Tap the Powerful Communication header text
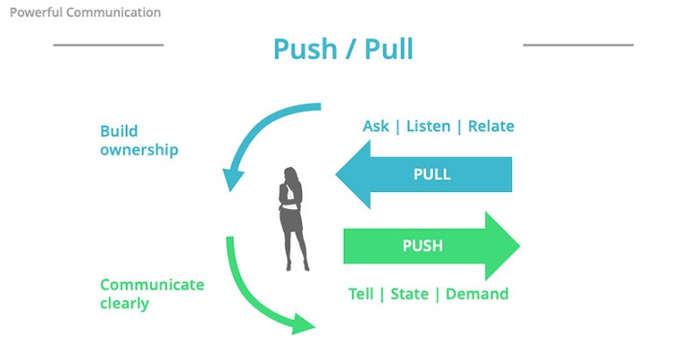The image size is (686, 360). point(85,13)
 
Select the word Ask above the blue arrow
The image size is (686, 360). point(375,126)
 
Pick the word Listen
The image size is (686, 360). point(428,126)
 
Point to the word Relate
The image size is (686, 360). point(491,126)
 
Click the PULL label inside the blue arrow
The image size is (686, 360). point(431,174)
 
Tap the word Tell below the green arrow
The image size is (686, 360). point(361,294)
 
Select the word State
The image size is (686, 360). point(409,294)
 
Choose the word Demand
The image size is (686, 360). point(477,294)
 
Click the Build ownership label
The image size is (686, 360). point(138,140)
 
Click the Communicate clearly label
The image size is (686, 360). point(152,294)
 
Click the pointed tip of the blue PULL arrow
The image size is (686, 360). point(338,174)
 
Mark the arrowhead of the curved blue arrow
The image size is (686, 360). point(233,181)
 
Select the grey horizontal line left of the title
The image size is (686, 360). point(108,44)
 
